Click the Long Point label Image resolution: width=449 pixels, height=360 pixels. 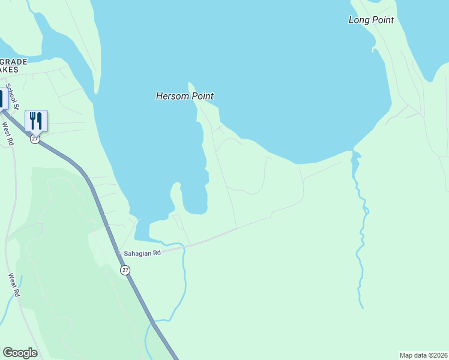(x=371, y=20)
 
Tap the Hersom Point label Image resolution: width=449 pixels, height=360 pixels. (x=185, y=96)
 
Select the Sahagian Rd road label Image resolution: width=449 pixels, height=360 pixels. (x=142, y=253)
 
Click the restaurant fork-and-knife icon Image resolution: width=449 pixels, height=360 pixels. (x=36, y=121)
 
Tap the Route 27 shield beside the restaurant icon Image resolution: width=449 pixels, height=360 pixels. (x=35, y=139)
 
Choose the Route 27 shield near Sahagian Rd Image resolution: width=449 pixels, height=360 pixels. (x=125, y=270)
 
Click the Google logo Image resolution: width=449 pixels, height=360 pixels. (x=20, y=352)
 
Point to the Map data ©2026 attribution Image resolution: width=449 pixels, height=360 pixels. (x=423, y=355)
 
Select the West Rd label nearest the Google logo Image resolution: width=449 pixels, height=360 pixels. (x=14, y=286)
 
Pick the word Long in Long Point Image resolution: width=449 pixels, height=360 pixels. (x=358, y=20)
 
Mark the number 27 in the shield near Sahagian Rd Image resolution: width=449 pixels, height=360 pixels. (x=125, y=270)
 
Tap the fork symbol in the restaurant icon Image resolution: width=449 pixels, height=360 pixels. (x=33, y=120)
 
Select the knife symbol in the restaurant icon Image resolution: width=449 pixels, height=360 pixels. (x=40, y=120)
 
